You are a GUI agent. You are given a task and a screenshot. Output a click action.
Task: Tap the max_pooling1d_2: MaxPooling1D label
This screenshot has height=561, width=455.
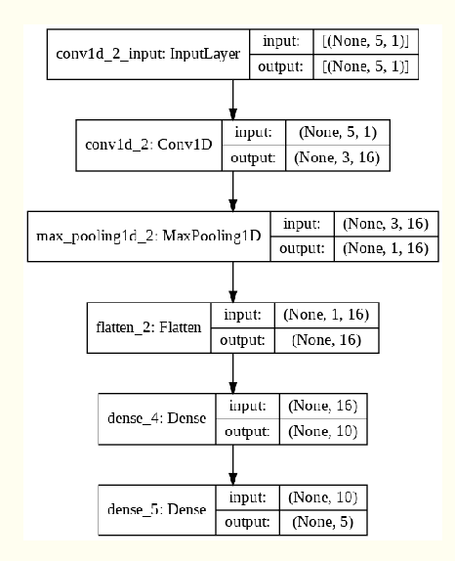(x=148, y=237)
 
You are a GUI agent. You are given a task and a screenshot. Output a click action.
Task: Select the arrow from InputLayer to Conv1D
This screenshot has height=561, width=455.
(x=233, y=98)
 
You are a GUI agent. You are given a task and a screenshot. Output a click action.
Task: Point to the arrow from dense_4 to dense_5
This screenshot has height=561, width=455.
(x=233, y=461)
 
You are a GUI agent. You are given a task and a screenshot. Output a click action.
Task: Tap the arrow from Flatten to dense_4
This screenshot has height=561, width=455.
(x=233, y=371)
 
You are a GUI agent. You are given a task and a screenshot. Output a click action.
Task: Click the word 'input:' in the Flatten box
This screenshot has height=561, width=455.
(x=242, y=316)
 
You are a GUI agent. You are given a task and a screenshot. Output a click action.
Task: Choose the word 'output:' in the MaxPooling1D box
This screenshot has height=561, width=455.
(x=302, y=248)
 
